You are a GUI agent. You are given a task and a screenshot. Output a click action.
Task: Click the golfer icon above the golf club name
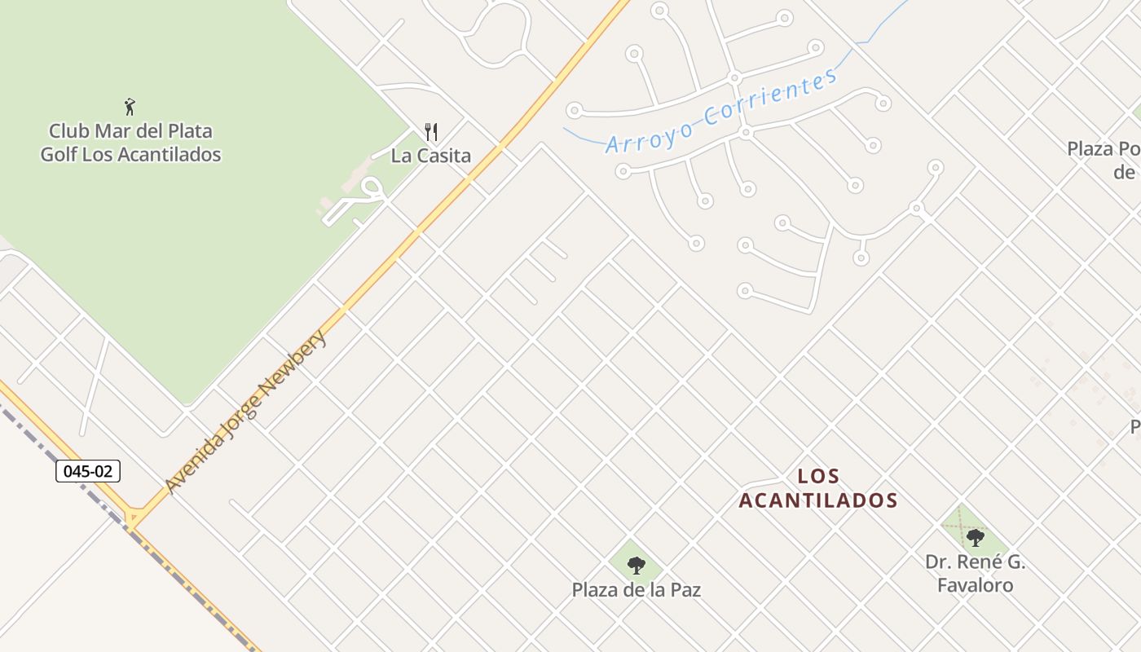(130, 106)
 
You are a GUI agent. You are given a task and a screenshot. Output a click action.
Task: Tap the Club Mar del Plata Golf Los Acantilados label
(130, 143)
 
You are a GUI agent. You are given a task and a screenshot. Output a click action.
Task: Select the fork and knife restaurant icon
(431, 131)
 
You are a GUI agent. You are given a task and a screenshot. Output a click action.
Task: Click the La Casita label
(430, 155)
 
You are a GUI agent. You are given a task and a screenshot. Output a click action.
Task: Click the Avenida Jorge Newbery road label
(245, 411)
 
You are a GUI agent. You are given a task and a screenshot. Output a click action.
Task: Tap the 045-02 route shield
(88, 471)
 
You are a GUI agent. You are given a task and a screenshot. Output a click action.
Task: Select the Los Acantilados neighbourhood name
(818, 488)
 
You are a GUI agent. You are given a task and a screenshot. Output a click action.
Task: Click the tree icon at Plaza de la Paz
(637, 565)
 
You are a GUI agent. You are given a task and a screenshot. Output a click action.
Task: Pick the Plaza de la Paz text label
(636, 589)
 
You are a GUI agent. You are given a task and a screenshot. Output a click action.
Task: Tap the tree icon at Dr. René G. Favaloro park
(975, 537)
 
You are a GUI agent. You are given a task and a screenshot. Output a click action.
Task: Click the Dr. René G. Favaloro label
(975, 573)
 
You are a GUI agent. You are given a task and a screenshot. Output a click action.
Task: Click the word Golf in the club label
(59, 154)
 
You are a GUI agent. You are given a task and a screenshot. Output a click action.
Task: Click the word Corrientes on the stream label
(771, 96)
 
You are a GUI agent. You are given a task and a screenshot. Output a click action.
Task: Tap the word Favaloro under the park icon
(975, 585)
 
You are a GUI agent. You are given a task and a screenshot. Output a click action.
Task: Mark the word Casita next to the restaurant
(443, 155)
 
